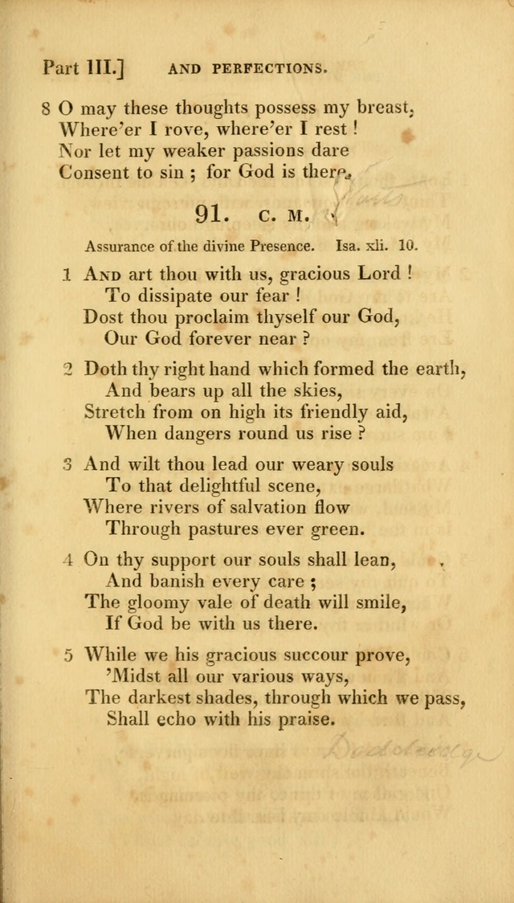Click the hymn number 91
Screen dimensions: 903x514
coord(213,215)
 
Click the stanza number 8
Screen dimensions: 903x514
coord(47,108)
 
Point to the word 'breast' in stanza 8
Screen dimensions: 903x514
coord(380,107)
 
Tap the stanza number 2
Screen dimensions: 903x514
coord(67,370)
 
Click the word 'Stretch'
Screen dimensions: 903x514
coord(115,412)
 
